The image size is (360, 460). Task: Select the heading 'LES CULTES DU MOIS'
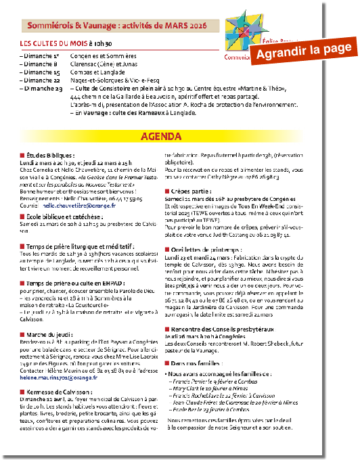click(x=53, y=43)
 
